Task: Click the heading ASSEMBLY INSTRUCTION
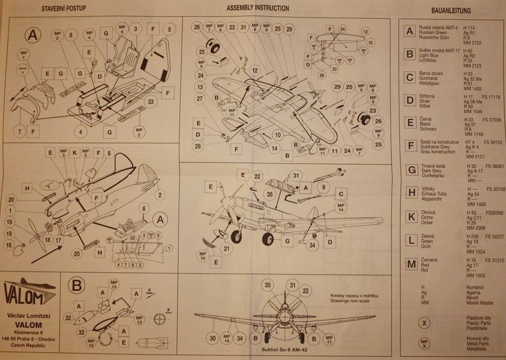(x=257, y=8)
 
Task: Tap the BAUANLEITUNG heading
(x=450, y=10)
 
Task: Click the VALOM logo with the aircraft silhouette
(x=31, y=292)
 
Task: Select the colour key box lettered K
(x=410, y=216)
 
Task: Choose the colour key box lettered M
(x=410, y=264)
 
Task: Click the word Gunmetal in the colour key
(x=432, y=79)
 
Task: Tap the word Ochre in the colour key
(x=429, y=217)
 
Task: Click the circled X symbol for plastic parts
(x=425, y=322)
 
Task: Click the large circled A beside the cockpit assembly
(x=32, y=35)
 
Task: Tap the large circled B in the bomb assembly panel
(x=77, y=285)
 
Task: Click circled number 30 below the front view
(x=213, y=338)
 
